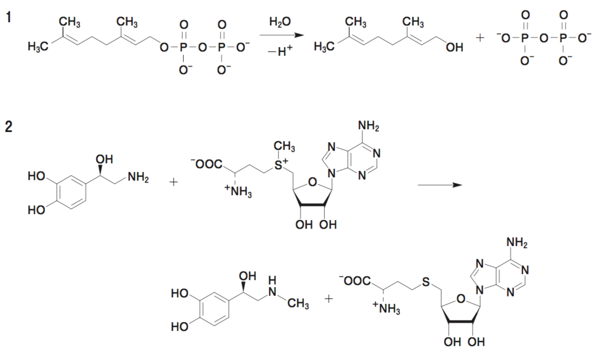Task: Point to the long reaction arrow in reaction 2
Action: (x=439, y=184)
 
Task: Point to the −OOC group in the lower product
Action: (x=354, y=281)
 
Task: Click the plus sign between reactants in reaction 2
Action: (x=174, y=182)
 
